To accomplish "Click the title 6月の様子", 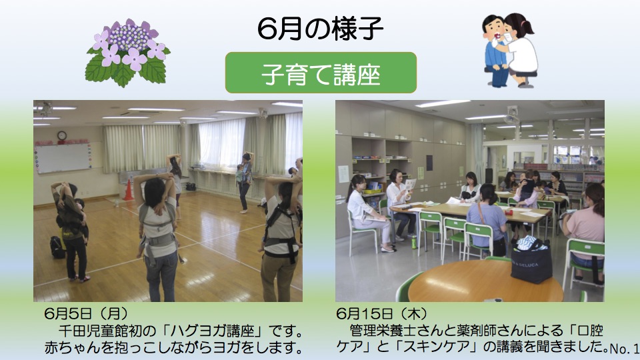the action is (x=320, y=29).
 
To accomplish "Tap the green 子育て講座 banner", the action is (x=321, y=73).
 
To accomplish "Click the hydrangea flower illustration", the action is (x=128, y=52).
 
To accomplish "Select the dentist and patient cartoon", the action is (x=510, y=50).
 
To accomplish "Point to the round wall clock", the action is (x=61, y=135).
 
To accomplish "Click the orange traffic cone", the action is (x=128, y=190).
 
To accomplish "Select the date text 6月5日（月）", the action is (x=86, y=313).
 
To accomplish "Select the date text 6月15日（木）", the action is (x=382, y=313).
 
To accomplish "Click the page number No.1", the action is (x=624, y=348).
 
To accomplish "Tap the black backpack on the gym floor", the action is (x=57, y=247).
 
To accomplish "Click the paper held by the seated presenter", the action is (x=410, y=184).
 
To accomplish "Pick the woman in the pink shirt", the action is (x=584, y=233).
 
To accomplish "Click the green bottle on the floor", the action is (x=414, y=242).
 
